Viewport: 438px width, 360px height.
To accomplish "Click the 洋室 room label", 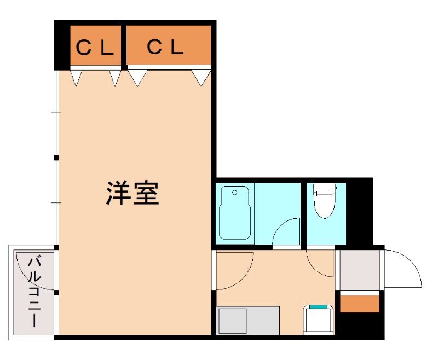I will point(133,193).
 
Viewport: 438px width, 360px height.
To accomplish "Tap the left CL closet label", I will point(95,48).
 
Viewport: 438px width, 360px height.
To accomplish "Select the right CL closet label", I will point(165,48).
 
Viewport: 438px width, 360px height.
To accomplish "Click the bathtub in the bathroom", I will point(234,213).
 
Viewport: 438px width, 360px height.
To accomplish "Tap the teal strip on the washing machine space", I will point(319,307).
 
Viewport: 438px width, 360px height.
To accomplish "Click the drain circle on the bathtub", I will point(235,193).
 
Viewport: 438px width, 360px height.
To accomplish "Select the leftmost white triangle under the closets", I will point(77,78).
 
